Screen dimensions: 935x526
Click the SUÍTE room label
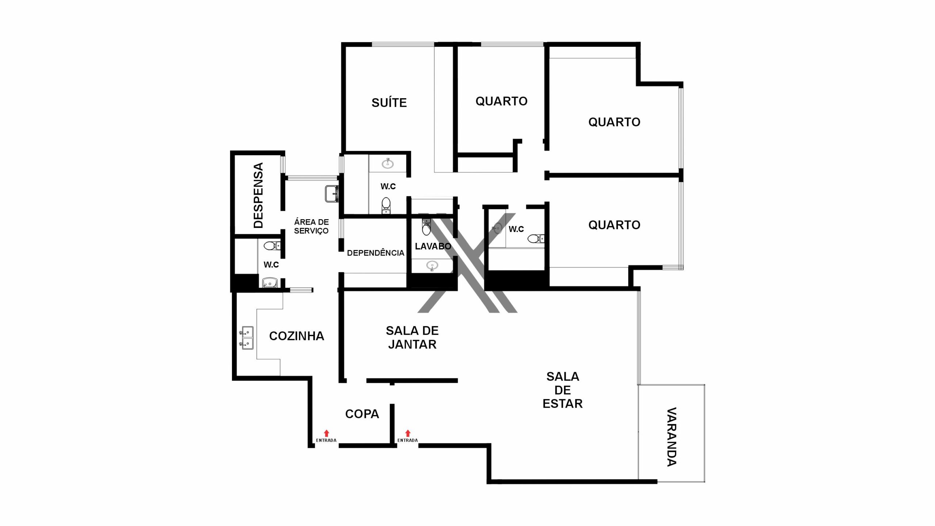coord(389,103)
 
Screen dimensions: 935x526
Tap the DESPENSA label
coord(258,195)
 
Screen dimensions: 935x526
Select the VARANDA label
coord(672,437)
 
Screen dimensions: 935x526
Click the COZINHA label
coord(297,336)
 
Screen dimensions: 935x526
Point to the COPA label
coord(362,414)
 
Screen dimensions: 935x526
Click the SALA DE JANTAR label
coord(412,338)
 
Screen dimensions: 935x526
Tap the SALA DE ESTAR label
coord(562,390)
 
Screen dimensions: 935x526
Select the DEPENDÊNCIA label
coord(375,253)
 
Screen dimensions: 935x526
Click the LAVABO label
coord(433,246)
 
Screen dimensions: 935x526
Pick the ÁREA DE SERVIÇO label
coord(312,226)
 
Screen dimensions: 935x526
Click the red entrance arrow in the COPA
coord(327,433)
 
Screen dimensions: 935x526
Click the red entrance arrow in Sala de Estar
coord(408,433)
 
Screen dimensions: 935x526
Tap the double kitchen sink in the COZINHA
coord(247,338)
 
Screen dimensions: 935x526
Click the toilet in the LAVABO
coord(426,226)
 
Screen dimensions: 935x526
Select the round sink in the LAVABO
coord(432,266)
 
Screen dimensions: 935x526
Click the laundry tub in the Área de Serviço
coord(332,194)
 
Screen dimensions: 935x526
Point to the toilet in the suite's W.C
coord(386,206)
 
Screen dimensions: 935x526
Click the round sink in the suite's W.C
coord(388,164)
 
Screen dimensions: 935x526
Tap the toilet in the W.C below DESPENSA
coord(272,245)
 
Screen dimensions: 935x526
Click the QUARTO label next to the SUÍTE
coord(501,101)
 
